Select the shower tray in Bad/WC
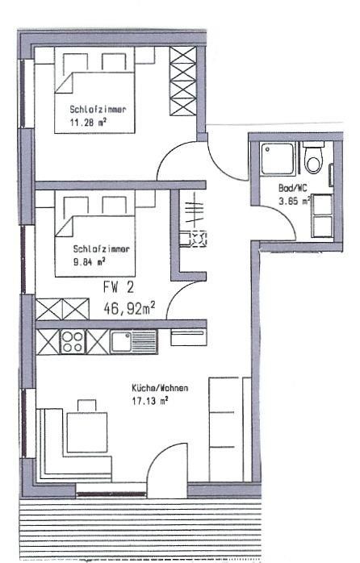tap(278, 159)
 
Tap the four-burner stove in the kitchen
tap(73, 341)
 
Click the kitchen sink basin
tap(121, 341)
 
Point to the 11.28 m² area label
tap(88, 123)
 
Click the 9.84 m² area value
tap(89, 261)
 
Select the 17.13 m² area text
tap(149, 401)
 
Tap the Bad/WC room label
tap(292, 188)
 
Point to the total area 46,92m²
tap(129, 308)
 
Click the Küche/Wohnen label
tap(160, 388)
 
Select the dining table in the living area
tap(87, 432)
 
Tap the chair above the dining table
tap(87, 406)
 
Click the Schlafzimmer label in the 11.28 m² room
tap(98, 109)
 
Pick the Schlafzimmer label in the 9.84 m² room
tap(102, 248)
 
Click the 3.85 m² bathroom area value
tap(294, 201)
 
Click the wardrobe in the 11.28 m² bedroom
tap(183, 81)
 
